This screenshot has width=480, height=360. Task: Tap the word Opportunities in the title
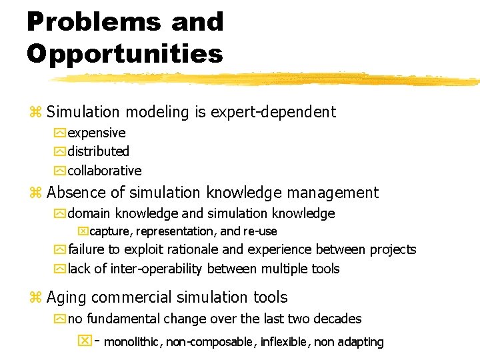125,54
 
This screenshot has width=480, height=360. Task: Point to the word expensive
97,133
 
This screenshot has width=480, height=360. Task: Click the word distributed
98,151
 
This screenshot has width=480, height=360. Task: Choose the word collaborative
105,171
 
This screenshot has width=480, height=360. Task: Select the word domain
89,213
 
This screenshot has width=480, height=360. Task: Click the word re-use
259,231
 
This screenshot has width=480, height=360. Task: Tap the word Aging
67,297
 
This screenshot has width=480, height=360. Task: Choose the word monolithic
133,342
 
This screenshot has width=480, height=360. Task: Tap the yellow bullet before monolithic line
85,341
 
